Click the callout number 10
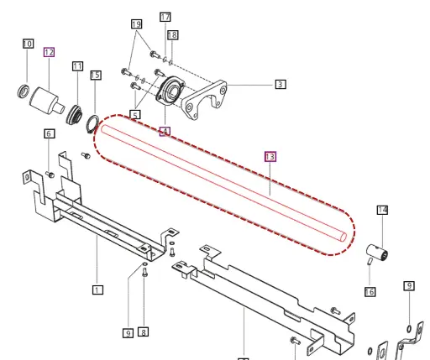(x=28, y=43)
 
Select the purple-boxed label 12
(x=49, y=52)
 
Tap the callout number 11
(x=77, y=65)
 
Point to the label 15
(x=96, y=76)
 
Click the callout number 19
(x=137, y=25)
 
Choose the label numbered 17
(x=165, y=18)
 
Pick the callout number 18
(x=172, y=34)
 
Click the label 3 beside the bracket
(x=280, y=84)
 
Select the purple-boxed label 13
(x=270, y=156)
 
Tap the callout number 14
(x=382, y=210)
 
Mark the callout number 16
(x=370, y=291)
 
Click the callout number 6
(x=49, y=134)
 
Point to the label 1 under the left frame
(x=97, y=290)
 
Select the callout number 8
(x=143, y=331)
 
